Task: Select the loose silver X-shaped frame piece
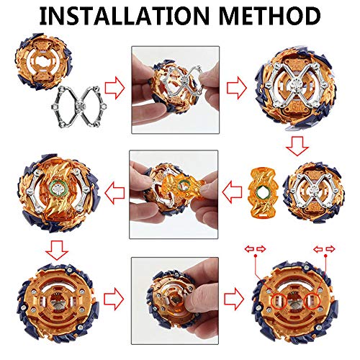[x=79, y=107]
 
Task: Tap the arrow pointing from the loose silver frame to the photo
[x=114, y=88]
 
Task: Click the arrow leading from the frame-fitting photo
[x=237, y=88]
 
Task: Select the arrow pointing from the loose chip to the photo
[x=232, y=192]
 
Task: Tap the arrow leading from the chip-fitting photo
[x=114, y=192]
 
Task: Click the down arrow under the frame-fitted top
[x=297, y=146]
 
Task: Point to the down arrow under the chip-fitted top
[x=57, y=251]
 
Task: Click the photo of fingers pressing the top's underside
[x=175, y=301]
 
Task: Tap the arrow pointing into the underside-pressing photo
[x=114, y=299]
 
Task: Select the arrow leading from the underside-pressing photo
[x=234, y=299]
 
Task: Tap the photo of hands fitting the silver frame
[x=176, y=90]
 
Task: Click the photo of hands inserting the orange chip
[x=174, y=194]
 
